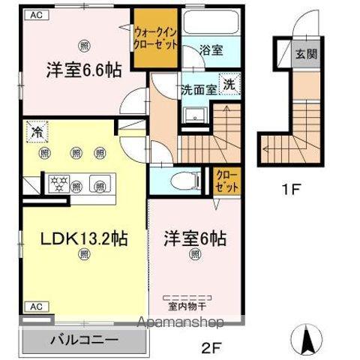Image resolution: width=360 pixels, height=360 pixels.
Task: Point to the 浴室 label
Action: pos(211,51)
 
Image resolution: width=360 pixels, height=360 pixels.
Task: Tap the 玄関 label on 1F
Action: pos(304,54)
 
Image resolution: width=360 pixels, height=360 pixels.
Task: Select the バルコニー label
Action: pos(84,339)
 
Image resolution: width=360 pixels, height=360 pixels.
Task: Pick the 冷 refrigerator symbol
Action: pos(35,131)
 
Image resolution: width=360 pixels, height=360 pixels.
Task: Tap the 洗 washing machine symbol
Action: pos(229,84)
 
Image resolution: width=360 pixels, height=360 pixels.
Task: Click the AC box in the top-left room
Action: pos(37,14)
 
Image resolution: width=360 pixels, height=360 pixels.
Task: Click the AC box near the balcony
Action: pos(35,306)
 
